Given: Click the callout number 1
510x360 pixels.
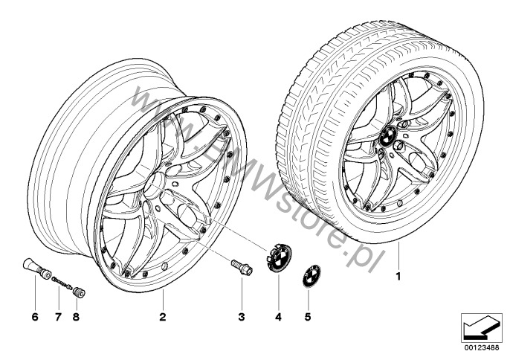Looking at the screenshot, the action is (398, 277).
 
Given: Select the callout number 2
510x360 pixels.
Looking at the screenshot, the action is (163, 317).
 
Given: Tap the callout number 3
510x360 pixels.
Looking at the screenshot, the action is (242, 317).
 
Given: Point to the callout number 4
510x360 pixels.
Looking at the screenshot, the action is (278, 317).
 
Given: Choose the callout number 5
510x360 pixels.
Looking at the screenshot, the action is (308, 317).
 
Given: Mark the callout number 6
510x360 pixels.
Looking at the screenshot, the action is (35, 317).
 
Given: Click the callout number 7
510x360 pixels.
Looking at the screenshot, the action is (58, 317).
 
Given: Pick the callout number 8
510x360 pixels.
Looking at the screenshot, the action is (76, 317).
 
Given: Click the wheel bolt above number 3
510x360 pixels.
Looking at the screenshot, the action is (242, 267).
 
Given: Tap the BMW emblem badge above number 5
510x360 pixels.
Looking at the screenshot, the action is (312, 276).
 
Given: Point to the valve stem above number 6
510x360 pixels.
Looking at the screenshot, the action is (36, 269).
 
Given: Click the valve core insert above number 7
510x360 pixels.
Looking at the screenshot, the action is (62, 282).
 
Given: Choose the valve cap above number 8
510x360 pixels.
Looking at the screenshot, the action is (79, 292).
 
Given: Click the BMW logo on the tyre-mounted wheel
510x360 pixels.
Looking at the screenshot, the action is (388, 136).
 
